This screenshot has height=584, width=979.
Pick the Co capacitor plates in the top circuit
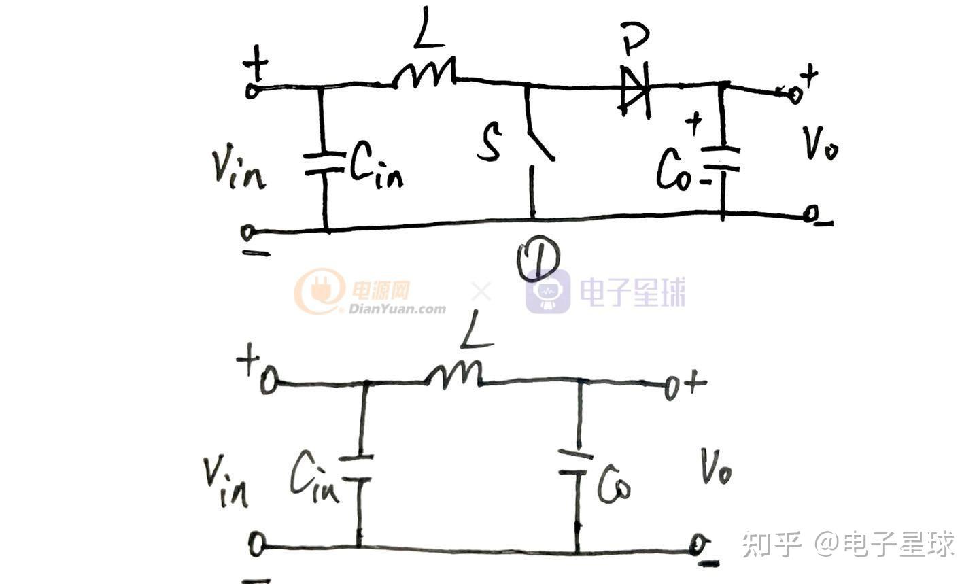click(x=722, y=158)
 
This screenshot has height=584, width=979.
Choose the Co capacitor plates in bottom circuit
click(x=577, y=462)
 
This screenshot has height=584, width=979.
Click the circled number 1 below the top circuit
click(x=538, y=262)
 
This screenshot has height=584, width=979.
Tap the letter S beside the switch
click(x=489, y=143)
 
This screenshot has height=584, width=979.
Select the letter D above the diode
click(x=636, y=42)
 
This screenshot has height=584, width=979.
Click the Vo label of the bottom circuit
click(x=715, y=468)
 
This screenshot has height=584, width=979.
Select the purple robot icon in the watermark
click(x=548, y=292)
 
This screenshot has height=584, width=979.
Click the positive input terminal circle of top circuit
click(x=252, y=90)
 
